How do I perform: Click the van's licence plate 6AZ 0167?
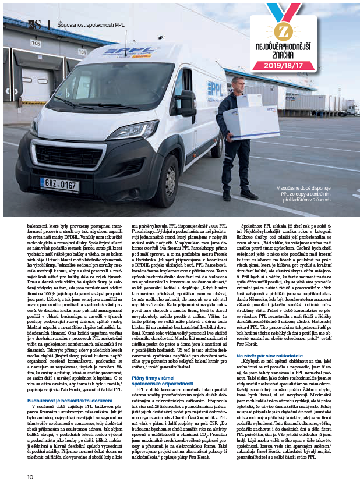(59, 185)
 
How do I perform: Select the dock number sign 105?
(36, 43)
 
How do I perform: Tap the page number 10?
(30, 476)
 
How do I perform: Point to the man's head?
(238, 82)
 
